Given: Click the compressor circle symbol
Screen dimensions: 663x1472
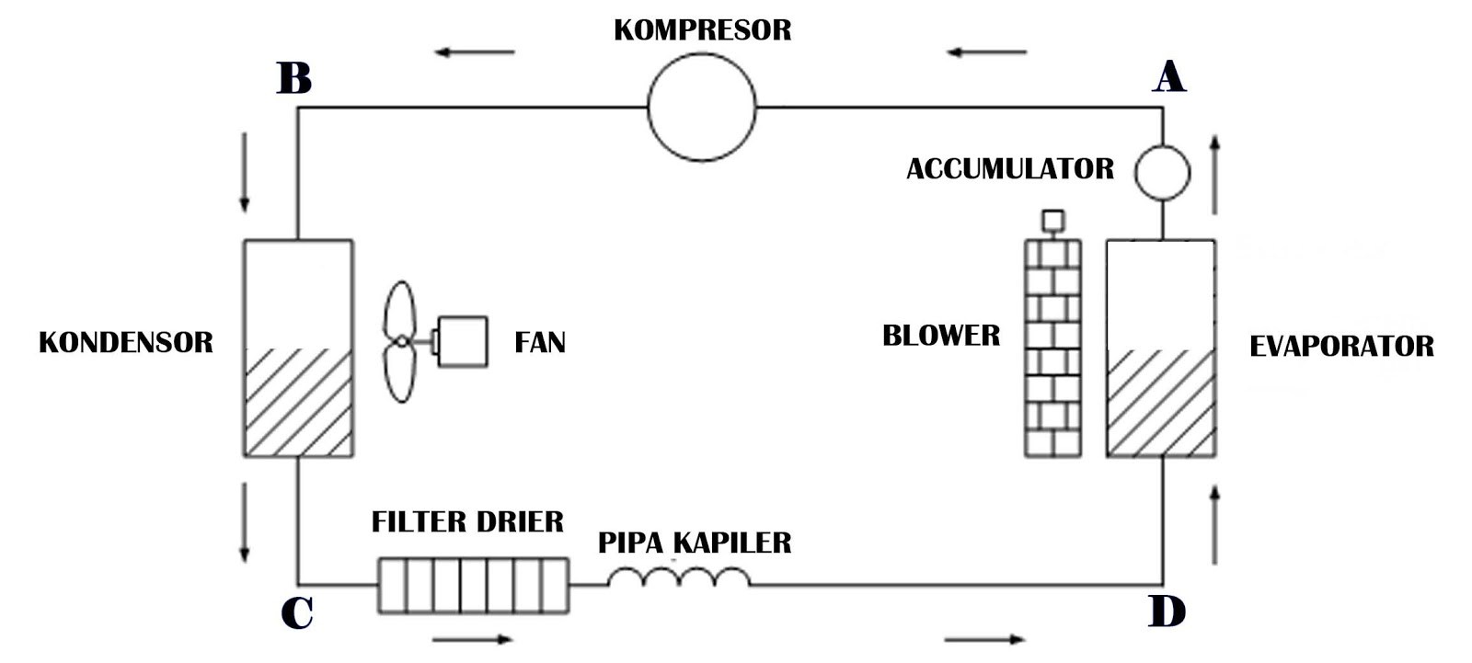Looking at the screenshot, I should (x=702, y=107).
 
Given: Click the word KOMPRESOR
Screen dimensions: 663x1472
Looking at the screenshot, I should (x=702, y=30).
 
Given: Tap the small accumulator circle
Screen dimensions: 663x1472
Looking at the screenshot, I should (x=1162, y=172).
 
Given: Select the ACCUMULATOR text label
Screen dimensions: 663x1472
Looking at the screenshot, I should (x=1009, y=169).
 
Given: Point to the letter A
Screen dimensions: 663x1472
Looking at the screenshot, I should (x=1168, y=77).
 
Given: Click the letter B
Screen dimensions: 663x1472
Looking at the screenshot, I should (x=293, y=78).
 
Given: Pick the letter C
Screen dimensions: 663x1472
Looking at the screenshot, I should (x=296, y=612).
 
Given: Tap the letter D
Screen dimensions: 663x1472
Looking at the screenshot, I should (x=1167, y=612).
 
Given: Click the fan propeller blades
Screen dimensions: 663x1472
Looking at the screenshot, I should (x=400, y=342).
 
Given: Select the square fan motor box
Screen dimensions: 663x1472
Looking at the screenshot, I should (x=462, y=342).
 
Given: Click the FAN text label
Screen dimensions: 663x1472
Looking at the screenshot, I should (x=540, y=343).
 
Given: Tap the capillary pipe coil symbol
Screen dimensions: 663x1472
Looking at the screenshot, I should (x=679, y=577).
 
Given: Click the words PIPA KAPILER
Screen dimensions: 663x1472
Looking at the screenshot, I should (x=695, y=543).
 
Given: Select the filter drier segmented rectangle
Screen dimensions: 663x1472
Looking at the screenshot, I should (x=473, y=586).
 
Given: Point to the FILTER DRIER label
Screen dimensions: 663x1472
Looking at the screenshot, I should (x=467, y=522).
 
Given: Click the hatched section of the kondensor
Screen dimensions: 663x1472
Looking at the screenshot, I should (x=297, y=403).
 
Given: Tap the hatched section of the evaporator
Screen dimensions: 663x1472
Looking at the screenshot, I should (x=1160, y=403).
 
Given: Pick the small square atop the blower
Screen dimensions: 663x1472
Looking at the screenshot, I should (x=1052, y=220).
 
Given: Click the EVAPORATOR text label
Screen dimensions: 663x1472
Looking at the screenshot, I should (x=1340, y=347).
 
